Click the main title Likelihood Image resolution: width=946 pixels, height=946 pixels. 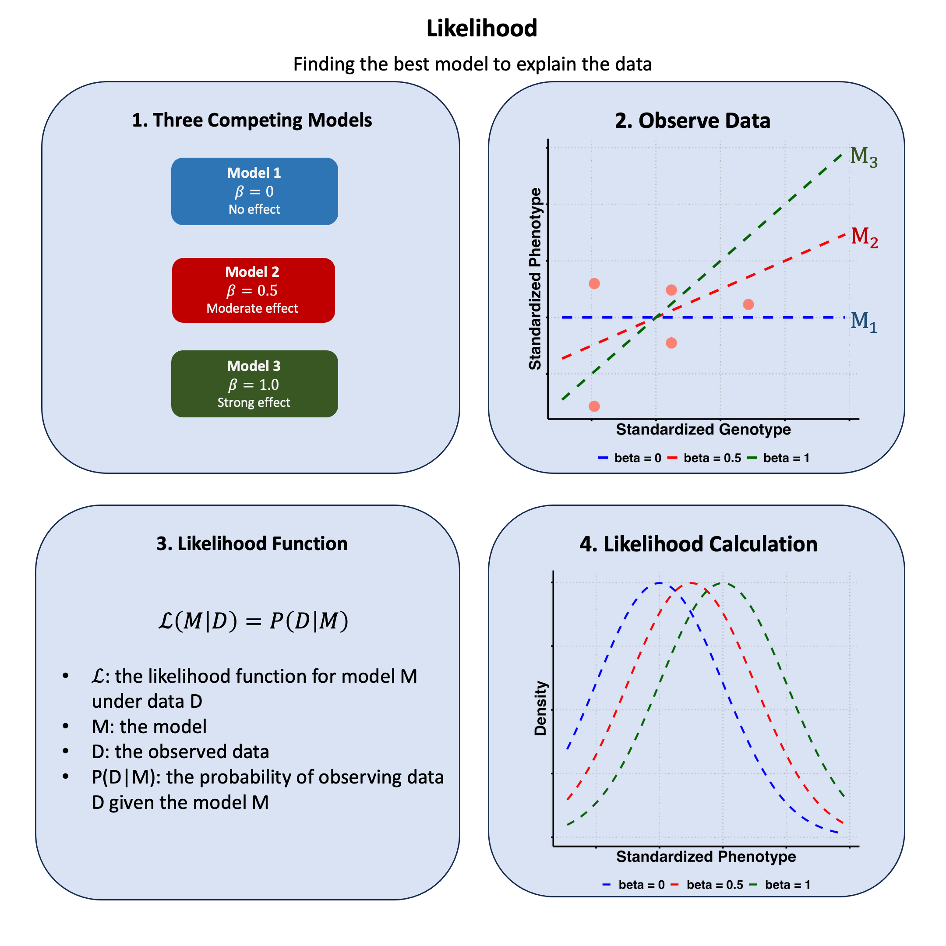point(482,28)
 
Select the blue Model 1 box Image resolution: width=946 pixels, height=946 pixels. point(254,191)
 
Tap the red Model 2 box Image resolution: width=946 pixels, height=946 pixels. point(253,290)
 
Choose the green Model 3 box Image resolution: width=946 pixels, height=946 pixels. point(254,383)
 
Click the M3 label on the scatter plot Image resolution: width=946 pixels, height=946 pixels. point(863,157)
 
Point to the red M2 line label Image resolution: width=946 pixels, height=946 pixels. point(864,237)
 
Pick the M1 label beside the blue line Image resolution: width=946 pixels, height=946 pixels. point(863,322)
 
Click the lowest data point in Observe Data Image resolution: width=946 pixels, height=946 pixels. point(594,406)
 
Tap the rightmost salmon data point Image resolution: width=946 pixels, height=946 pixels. point(748,304)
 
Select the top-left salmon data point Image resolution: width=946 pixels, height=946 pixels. point(594,283)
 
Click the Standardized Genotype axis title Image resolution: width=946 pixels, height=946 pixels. point(703,429)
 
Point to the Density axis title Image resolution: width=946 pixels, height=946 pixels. point(540,708)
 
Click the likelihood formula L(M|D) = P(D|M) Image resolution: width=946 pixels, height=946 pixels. point(253,621)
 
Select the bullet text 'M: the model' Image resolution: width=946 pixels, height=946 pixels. point(149,727)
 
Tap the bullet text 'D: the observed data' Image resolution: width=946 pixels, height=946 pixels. point(180,752)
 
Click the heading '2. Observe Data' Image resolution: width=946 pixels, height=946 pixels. point(692,120)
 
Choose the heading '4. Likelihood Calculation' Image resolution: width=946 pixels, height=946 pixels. point(698,544)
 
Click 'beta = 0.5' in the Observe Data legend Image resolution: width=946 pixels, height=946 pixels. point(712,458)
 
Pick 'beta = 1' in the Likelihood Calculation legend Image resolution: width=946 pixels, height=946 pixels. point(787,885)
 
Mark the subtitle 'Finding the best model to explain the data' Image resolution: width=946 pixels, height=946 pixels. point(472,64)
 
